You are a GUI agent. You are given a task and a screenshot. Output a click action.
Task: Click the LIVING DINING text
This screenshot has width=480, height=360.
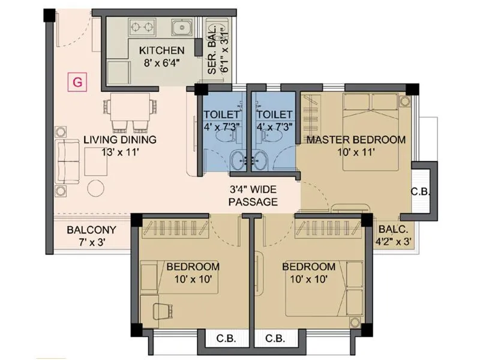(x=120, y=140)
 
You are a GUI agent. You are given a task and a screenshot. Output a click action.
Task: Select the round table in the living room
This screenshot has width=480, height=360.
(x=96, y=187)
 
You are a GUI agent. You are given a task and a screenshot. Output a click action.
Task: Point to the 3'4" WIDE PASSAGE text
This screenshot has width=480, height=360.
(x=253, y=197)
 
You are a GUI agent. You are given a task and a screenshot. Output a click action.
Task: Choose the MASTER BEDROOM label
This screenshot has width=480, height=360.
(x=356, y=140)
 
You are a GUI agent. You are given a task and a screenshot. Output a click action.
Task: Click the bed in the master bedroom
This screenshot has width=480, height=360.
(x=370, y=132)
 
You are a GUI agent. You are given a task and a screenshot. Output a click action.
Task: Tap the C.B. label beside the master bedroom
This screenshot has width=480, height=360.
(x=419, y=193)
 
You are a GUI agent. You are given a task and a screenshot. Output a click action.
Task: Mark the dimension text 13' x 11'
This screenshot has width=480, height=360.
(x=120, y=152)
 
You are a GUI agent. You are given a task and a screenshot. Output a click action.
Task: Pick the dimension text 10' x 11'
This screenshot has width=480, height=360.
(x=356, y=152)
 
